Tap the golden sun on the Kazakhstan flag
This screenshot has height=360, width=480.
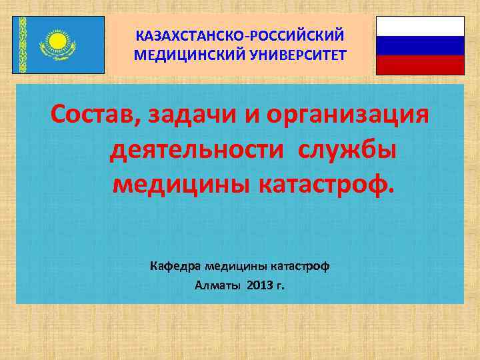(x=58, y=41)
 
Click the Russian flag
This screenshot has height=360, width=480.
(x=420, y=45)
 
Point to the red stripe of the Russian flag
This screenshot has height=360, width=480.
(x=420, y=65)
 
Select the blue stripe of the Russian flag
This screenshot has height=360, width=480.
(x=420, y=45)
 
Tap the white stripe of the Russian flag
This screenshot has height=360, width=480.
(x=420, y=26)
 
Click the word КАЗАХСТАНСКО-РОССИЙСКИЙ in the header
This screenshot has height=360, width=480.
(x=240, y=33)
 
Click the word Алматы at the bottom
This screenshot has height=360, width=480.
(x=217, y=286)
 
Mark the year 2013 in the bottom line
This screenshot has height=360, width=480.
(x=259, y=286)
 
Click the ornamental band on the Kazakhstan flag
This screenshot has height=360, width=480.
(x=22, y=45)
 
